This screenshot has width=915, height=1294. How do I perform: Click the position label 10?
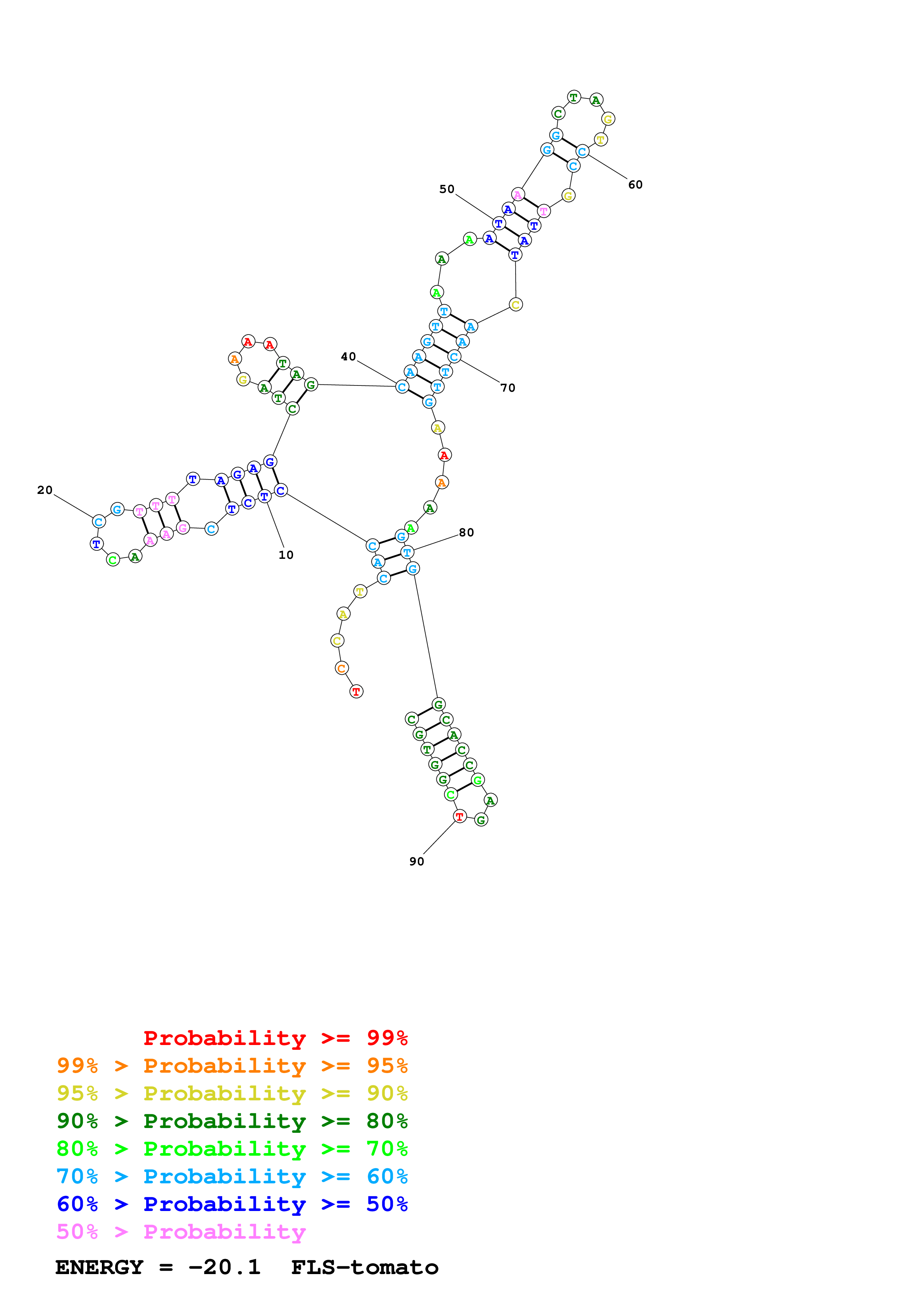coord(286,555)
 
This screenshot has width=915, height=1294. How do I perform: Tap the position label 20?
coord(45,490)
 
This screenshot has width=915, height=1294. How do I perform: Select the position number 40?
coord(348,357)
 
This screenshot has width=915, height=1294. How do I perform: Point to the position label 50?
coord(447,189)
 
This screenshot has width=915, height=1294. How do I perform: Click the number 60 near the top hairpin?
coord(635,185)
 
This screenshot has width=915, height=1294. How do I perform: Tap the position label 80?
coord(466,533)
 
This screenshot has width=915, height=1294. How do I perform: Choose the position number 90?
coord(417,862)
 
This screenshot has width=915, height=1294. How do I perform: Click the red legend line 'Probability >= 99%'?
coord(275,1038)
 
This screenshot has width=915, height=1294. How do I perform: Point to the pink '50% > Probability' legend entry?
coord(181,1231)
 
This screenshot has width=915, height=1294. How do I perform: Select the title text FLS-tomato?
coord(364,1267)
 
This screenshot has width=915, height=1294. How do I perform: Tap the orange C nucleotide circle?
coord(341,668)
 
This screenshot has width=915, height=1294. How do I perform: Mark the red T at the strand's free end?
coord(356,692)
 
